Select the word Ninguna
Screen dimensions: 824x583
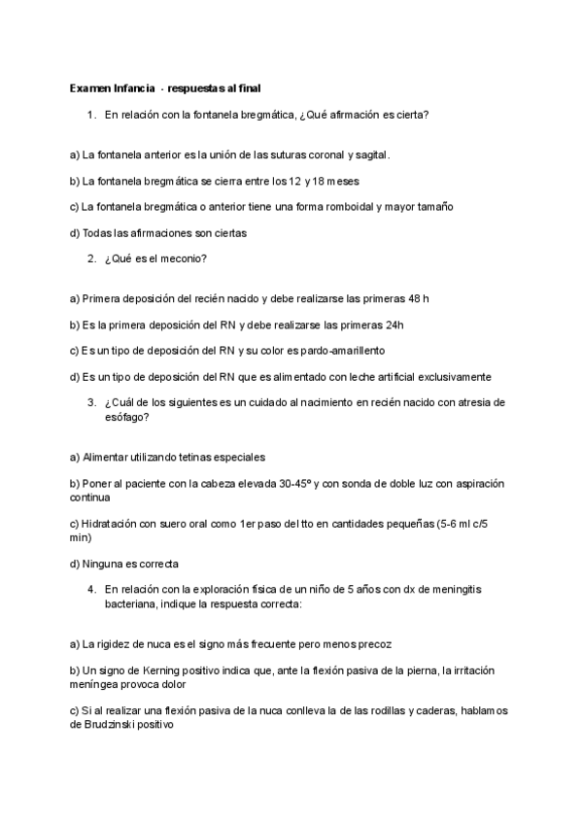coord(104,563)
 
